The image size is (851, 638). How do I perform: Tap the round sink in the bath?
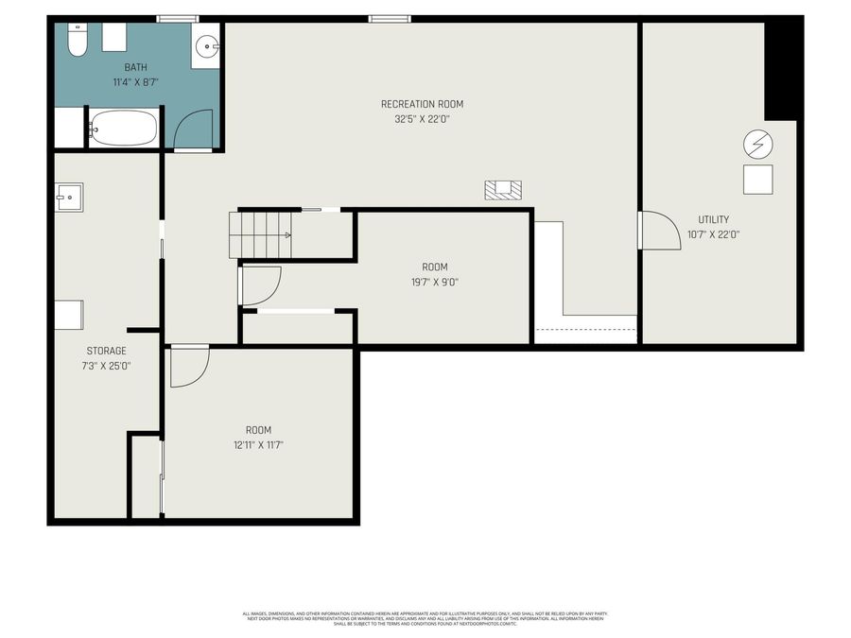click(x=208, y=44)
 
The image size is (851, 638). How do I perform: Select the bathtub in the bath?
click(x=124, y=129)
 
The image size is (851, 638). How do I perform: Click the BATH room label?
click(x=136, y=67)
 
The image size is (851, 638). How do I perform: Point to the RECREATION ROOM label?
click(x=422, y=104)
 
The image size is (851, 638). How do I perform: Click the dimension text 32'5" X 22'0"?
click(x=422, y=119)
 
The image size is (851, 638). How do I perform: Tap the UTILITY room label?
click(x=714, y=219)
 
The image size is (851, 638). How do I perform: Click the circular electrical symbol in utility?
click(x=758, y=145)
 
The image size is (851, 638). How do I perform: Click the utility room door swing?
click(x=660, y=231)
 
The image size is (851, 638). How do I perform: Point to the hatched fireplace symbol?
click(x=504, y=190)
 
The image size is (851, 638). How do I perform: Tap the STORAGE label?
click(x=106, y=351)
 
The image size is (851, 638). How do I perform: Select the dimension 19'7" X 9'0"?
click(x=435, y=282)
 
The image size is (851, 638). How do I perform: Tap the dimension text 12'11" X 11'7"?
click(x=259, y=444)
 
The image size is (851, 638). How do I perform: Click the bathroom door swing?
click(x=194, y=129)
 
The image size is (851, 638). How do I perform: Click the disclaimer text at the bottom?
click(x=425, y=618)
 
